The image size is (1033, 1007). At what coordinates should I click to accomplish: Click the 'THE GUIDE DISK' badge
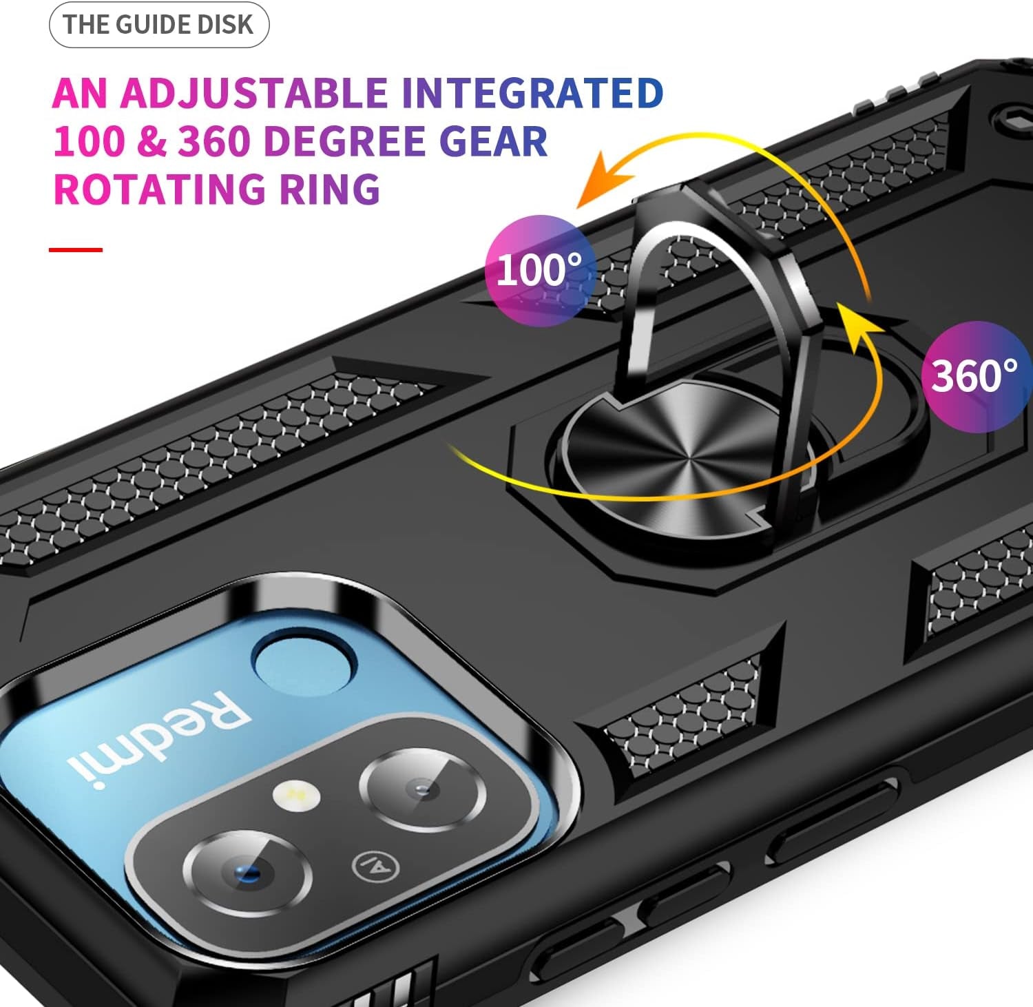tap(158, 25)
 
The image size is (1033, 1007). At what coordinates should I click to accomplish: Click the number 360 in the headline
tap(213, 141)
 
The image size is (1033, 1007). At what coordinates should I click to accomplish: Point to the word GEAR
tap(493, 141)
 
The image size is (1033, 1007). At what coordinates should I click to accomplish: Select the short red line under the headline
tap(76, 249)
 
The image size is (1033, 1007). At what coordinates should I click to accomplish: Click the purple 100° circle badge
tap(540, 270)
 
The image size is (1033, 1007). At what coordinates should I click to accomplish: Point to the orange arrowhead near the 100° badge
tap(601, 180)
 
